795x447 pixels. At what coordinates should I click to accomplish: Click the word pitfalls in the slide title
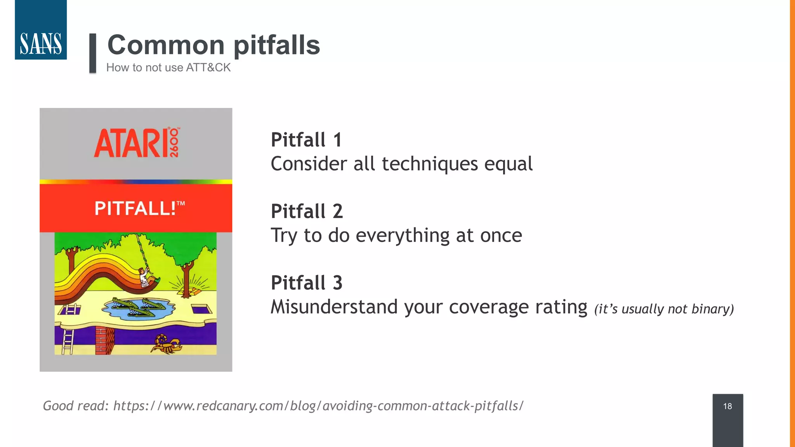pos(276,45)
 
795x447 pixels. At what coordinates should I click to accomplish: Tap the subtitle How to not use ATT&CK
pos(168,68)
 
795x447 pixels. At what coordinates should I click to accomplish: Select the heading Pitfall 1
pos(306,140)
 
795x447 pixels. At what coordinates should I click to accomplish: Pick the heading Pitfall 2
pos(307,211)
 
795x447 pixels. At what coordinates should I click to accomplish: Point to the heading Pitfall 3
pos(307,282)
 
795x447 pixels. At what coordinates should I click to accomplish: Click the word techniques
pos(430,164)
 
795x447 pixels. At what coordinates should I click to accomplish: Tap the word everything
pos(403,235)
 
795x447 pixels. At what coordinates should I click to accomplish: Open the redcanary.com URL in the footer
pos(318,406)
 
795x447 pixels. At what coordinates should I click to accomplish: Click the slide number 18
pos(727,406)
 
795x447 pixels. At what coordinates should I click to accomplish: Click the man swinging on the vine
pos(146,277)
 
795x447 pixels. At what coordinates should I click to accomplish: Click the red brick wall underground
pos(104,340)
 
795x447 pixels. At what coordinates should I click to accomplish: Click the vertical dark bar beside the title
pos(93,53)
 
